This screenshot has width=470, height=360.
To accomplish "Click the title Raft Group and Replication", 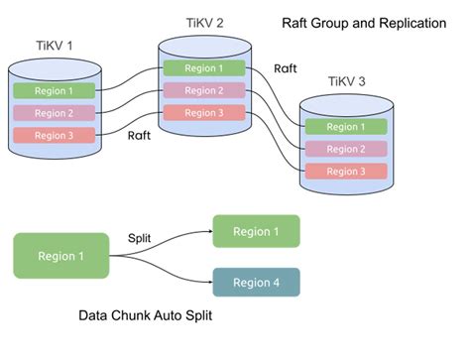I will [363, 23].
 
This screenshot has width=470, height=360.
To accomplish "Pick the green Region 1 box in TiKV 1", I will [54, 91].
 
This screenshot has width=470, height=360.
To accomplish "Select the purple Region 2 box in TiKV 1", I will [54, 113].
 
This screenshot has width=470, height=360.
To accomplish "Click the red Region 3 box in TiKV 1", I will [54, 136].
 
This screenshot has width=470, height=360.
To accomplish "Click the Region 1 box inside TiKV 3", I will [345, 127].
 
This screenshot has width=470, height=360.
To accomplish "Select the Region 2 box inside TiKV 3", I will [345, 149].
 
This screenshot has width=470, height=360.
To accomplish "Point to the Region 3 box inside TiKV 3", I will [345, 172].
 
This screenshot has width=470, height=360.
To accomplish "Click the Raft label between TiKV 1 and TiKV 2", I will [140, 137].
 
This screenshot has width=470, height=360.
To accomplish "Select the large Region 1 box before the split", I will [60, 256].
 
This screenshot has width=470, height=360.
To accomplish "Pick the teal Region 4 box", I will [256, 284].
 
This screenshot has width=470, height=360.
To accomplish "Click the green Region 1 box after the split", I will [256, 231].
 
